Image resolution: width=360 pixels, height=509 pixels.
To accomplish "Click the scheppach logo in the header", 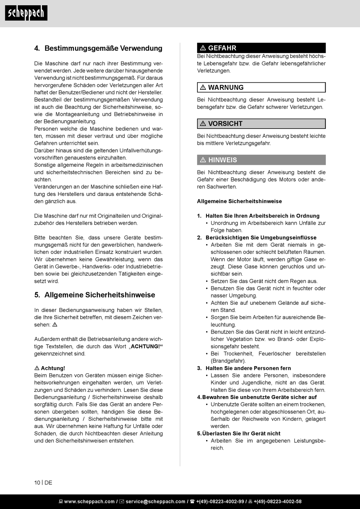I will tap(26, 13).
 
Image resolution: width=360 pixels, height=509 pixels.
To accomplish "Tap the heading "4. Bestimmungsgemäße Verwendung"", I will tap(98, 49).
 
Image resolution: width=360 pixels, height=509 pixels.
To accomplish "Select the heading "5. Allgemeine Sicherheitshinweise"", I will tap(95, 295).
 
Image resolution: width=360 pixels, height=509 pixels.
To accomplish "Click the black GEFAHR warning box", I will tap(261, 48).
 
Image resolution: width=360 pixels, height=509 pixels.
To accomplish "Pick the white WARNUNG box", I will tap(261, 88).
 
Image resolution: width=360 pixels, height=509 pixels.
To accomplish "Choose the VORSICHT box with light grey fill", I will tap(261, 124).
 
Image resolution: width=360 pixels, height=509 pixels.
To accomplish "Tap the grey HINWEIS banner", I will tap(261, 160).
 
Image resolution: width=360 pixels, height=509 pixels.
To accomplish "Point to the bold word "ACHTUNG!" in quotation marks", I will tap(146, 346).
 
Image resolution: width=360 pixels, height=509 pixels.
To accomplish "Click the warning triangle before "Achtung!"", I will tap(37, 368).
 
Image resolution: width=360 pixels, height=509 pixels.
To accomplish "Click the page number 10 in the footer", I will tap(37, 482).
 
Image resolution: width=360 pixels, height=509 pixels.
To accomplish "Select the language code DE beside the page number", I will tap(49, 482).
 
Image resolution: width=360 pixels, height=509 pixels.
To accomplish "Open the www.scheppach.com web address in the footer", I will tap(89, 501).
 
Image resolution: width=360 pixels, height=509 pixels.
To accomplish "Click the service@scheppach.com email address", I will tap(155, 501).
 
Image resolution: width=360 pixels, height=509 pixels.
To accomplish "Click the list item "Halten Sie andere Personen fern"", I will tap(248, 368).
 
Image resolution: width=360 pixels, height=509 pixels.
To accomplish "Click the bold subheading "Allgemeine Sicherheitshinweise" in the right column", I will tap(239, 201).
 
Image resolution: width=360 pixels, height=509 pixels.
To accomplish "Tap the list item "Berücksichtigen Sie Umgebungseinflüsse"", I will tap(261, 238).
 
